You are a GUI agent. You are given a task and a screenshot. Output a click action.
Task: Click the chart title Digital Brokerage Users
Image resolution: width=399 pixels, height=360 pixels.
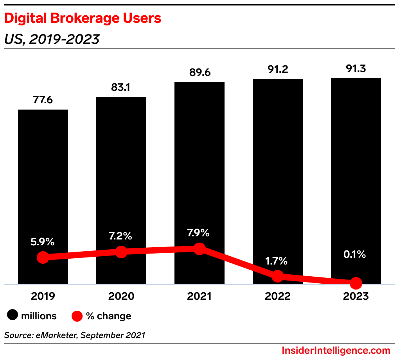[x=83, y=18]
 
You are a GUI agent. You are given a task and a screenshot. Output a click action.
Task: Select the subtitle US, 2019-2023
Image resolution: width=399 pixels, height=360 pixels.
[x=52, y=39]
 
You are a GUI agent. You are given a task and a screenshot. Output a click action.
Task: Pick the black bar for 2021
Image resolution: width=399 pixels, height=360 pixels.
[x=199, y=164]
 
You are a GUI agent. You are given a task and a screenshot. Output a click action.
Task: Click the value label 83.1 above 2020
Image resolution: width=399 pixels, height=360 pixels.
[x=121, y=87]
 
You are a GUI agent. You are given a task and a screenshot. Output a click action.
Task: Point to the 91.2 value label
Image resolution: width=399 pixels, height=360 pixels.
[x=278, y=69]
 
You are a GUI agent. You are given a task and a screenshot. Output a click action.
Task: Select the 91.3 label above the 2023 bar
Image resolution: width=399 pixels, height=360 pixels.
[x=356, y=68]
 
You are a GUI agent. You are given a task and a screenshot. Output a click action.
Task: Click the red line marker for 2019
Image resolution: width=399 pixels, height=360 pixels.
[x=43, y=257]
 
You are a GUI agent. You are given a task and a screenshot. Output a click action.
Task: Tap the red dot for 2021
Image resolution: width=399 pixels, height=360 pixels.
[x=199, y=248]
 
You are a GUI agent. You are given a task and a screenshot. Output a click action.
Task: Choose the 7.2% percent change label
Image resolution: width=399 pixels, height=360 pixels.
[x=121, y=236]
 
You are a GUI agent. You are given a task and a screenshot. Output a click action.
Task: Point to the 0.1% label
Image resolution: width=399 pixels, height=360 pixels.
[x=355, y=255]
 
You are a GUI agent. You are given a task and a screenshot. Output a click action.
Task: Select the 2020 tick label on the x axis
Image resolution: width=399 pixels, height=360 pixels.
[x=121, y=296]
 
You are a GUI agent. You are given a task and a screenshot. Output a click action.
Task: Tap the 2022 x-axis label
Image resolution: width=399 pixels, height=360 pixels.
[x=278, y=296]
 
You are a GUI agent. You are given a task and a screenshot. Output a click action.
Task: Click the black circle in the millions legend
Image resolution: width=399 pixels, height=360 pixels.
[x=13, y=316]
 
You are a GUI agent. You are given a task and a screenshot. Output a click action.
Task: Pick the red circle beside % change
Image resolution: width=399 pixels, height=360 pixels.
[x=77, y=316]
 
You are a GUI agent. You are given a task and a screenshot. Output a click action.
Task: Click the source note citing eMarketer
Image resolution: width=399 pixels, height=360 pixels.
[x=75, y=335]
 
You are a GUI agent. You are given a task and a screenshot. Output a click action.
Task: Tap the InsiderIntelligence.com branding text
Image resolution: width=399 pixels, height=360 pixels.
[x=336, y=350]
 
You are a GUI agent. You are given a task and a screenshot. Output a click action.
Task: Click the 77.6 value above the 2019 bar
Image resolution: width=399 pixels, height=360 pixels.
[x=43, y=100]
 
